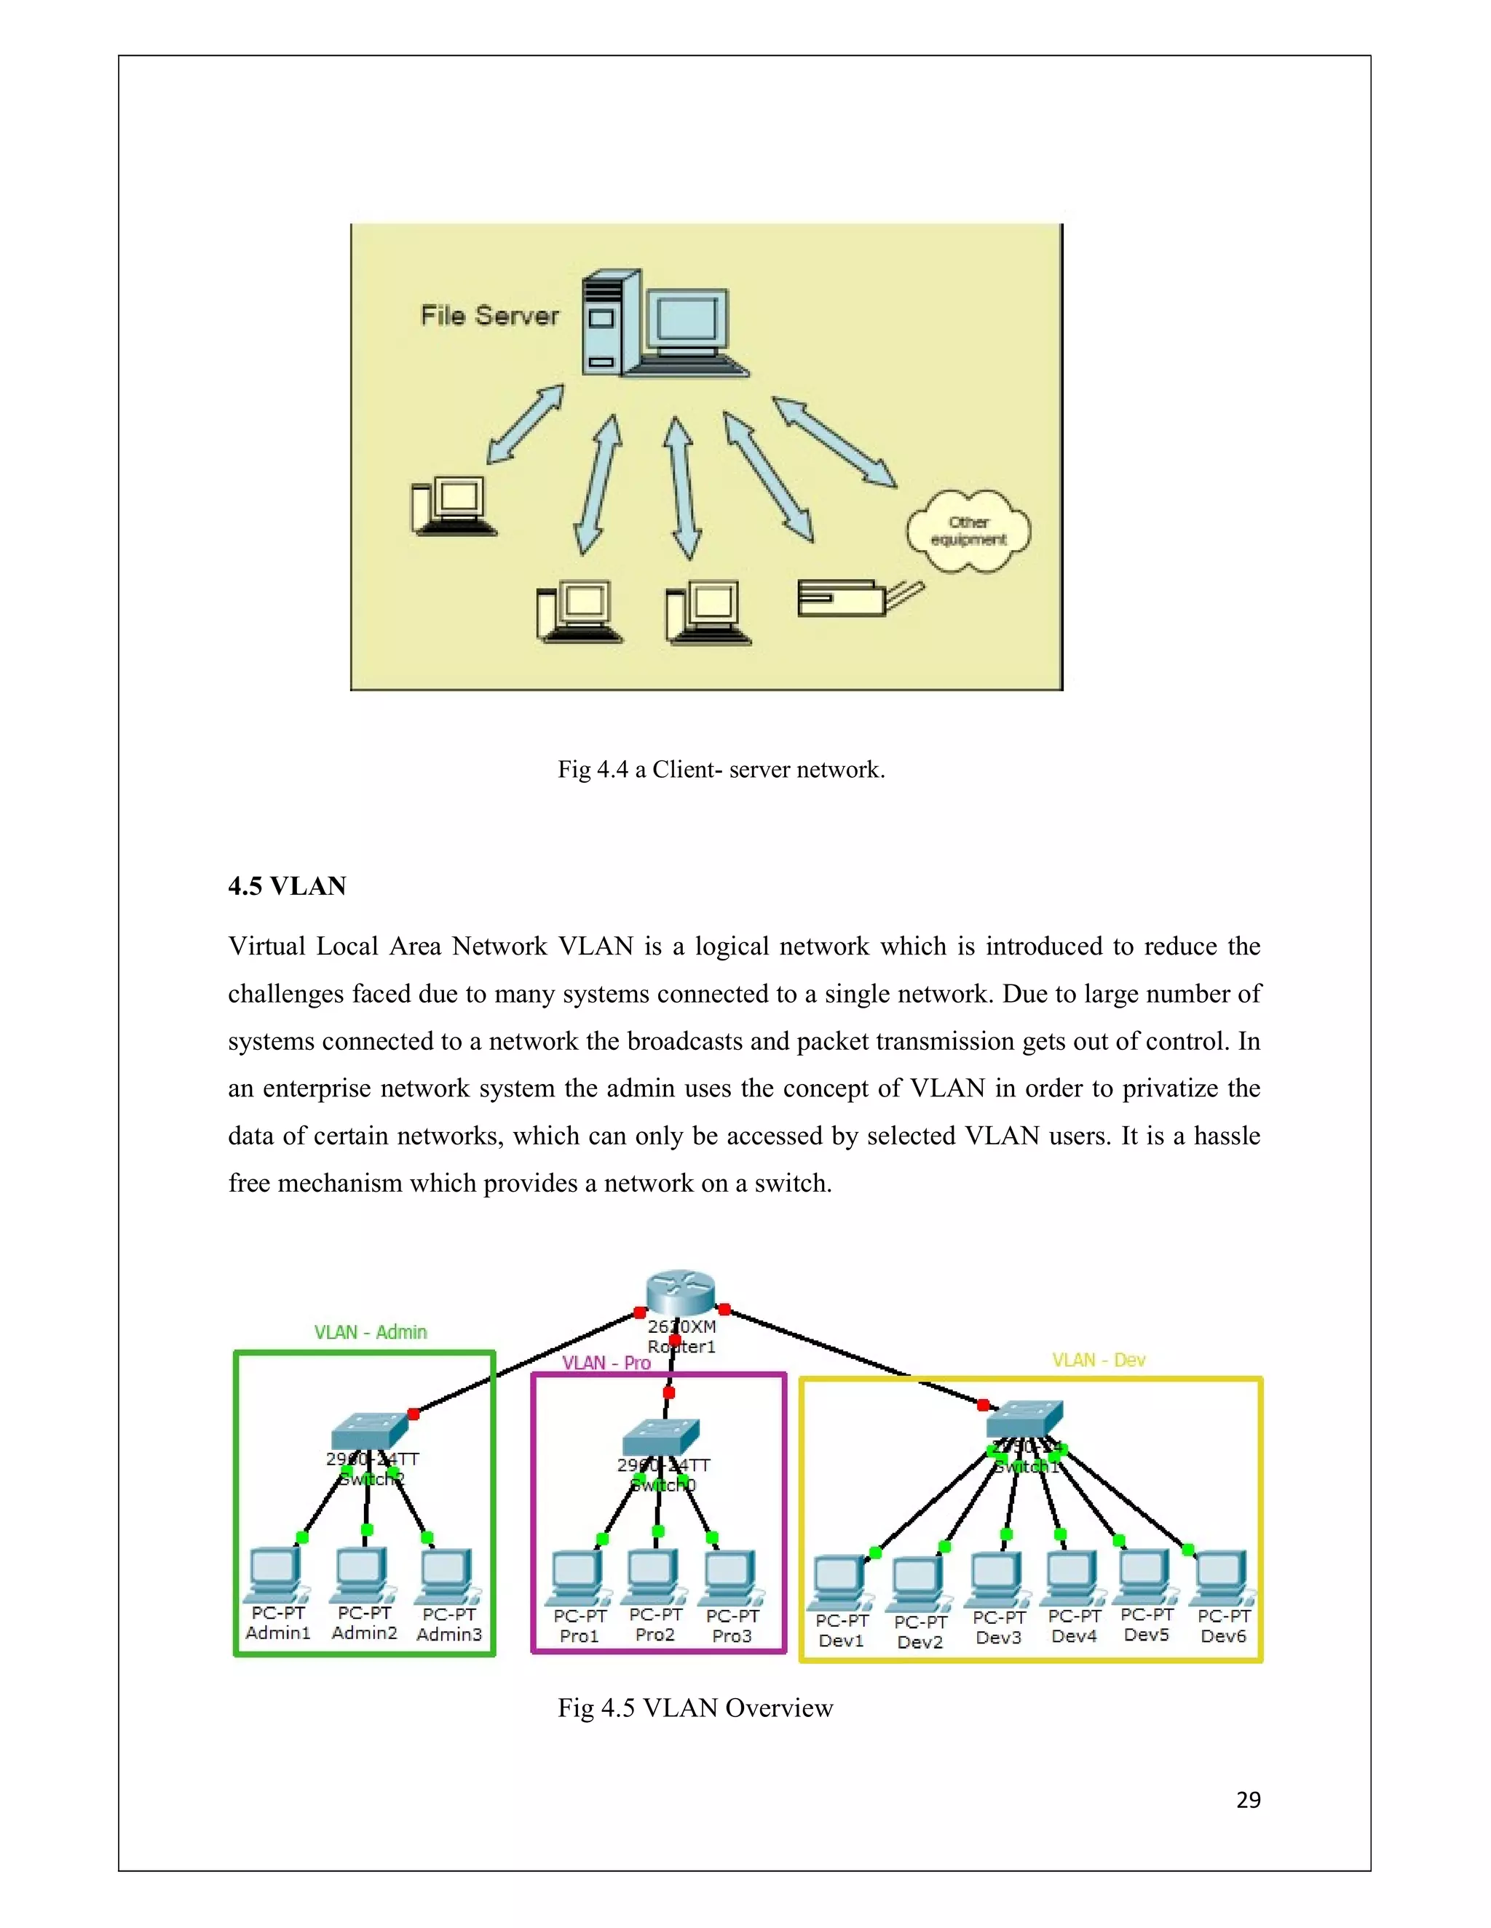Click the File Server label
click(x=489, y=315)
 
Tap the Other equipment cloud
click(x=968, y=531)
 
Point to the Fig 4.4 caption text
click(x=721, y=770)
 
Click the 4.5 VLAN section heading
click(x=287, y=885)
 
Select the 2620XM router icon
click(x=679, y=1292)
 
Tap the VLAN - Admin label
click(x=370, y=1332)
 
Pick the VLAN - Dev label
click(x=1098, y=1361)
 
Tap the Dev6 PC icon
click(x=1222, y=1579)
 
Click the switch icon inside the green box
click(x=370, y=1430)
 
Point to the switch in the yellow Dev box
click(x=1024, y=1419)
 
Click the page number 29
click(x=1248, y=1800)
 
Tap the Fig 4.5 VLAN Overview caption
click(x=695, y=1708)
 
